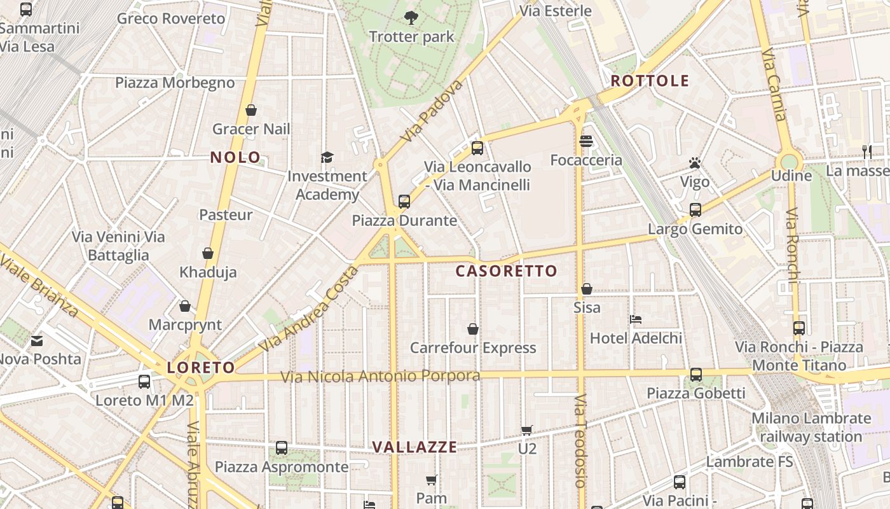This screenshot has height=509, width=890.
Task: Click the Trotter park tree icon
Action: pyautogui.click(x=411, y=17)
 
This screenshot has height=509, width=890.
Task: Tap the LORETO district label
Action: pyautogui.click(x=201, y=367)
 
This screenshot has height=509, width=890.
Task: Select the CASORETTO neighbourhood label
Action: pyautogui.click(x=506, y=271)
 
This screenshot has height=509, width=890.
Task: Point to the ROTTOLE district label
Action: pyautogui.click(x=650, y=80)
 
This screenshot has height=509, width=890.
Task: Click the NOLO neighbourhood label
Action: pyautogui.click(x=235, y=157)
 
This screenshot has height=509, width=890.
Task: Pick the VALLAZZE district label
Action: pyautogui.click(x=414, y=447)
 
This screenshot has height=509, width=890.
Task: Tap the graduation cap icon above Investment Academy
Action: pyautogui.click(x=327, y=157)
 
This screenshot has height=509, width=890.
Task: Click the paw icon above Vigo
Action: pyautogui.click(x=694, y=164)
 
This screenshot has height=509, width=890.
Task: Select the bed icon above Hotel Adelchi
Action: pyautogui.click(x=636, y=319)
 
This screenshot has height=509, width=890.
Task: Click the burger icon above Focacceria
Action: pyautogui.click(x=586, y=141)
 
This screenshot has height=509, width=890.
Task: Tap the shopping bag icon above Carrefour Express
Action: pyautogui.click(x=473, y=329)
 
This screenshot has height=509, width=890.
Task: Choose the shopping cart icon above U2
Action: pyautogui.click(x=526, y=430)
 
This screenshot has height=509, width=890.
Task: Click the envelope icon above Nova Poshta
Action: pyautogui.click(x=37, y=340)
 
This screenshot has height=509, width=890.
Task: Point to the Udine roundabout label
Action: pyautogui.click(x=791, y=176)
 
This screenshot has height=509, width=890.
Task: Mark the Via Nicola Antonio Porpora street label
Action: pyautogui.click(x=380, y=377)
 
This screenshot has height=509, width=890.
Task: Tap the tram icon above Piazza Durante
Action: pyautogui.click(x=404, y=202)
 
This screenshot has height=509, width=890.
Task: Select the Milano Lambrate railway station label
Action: pyautogui.click(x=811, y=428)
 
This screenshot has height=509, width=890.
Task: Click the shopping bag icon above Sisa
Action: pyautogui.click(x=586, y=289)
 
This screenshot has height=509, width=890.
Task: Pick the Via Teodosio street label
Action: pyautogui.click(x=580, y=441)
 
